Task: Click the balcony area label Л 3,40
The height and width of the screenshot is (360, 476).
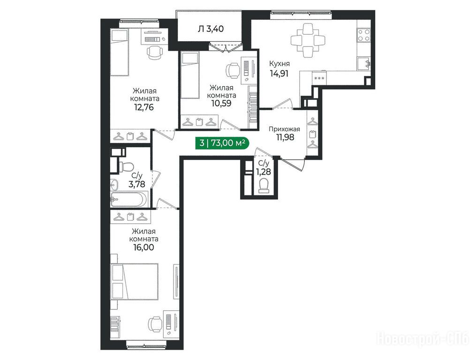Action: (211, 29)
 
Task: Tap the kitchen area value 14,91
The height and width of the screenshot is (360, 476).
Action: (279, 73)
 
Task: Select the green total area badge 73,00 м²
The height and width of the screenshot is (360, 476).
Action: (222, 142)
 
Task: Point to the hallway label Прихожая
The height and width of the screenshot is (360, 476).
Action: (285, 129)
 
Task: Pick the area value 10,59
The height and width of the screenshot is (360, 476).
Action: (221, 103)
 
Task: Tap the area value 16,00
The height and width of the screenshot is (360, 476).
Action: (144, 247)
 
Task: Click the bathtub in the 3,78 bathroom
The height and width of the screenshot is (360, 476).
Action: (129, 199)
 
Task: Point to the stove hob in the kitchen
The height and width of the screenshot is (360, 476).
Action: (363, 35)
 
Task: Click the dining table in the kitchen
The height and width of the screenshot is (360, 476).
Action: (308, 40)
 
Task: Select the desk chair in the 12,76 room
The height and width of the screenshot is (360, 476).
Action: (154, 52)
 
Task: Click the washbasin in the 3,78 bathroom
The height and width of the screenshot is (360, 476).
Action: (115, 184)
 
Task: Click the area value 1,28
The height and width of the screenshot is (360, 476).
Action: (264, 172)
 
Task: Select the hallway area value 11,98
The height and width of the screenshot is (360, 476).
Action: (285, 137)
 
